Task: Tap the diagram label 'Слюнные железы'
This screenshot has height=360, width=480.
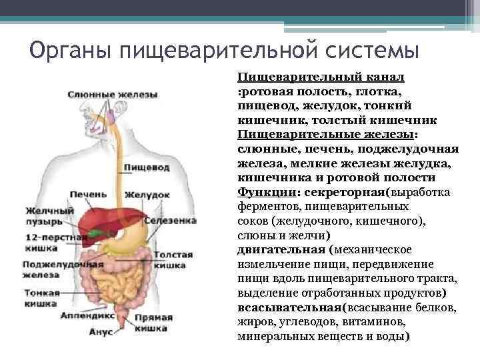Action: click(x=113, y=94)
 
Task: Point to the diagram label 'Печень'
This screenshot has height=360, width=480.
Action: click(x=87, y=194)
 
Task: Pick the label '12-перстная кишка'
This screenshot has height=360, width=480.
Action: click(x=46, y=242)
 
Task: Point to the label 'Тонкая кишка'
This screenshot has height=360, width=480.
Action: click(x=41, y=297)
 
